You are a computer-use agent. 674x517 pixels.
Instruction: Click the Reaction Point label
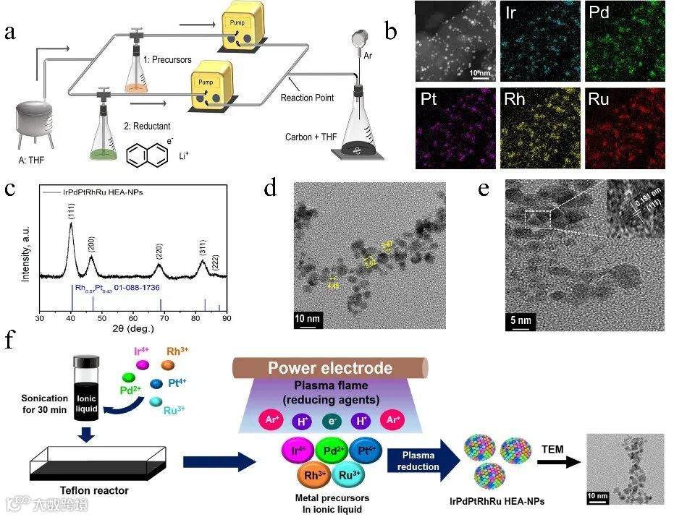(306, 98)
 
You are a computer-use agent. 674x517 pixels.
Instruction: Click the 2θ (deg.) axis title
(133, 330)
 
